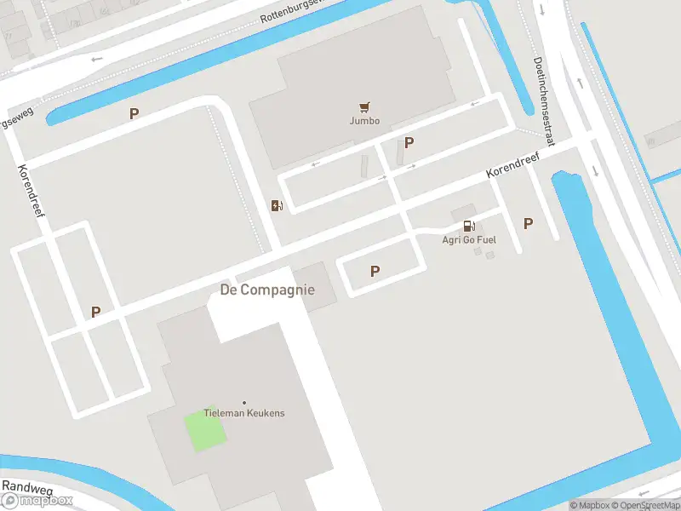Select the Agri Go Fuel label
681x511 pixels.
(x=469, y=239)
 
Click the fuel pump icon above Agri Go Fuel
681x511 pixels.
(x=468, y=226)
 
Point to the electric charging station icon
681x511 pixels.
(x=277, y=205)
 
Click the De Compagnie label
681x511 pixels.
(x=267, y=290)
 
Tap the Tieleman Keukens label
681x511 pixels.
(x=244, y=413)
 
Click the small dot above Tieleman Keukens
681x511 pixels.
(x=244, y=402)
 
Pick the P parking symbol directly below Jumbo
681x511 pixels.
(x=409, y=143)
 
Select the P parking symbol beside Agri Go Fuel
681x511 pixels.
(x=528, y=223)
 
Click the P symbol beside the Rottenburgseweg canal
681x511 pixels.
(x=134, y=113)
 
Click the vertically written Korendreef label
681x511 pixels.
(x=31, y=190)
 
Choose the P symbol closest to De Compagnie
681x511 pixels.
(x=375, y=271)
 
